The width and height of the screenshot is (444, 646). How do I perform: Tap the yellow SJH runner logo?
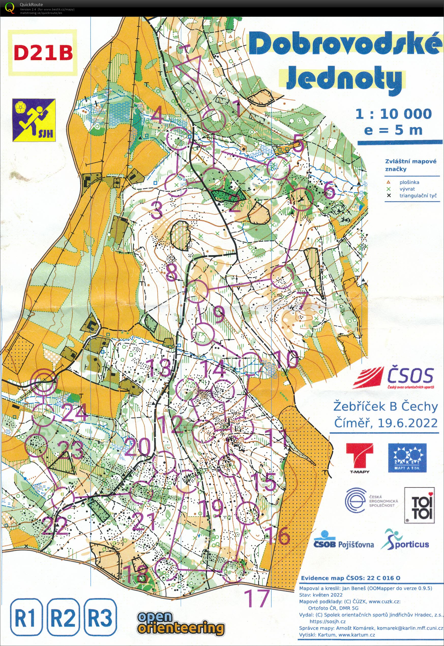pyautogui.click(x=34, y=120)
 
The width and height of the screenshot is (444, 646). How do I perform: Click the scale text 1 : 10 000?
pyautogui.click(x=393, y=114)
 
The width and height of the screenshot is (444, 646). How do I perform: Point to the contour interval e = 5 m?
pyautogui.click(x=393, y=130)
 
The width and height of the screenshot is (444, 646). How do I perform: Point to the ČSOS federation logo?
pyautogui.click(x=393, y=377)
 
